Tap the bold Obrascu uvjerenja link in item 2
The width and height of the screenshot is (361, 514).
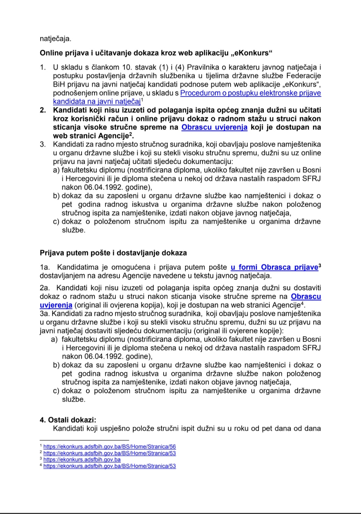pyautogui.click(x=214, y=127)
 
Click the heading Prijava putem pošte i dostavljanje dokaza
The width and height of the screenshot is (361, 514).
pyautogui.click(x=113, y=253)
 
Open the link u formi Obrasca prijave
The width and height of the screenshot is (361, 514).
pyautogui.click(x=274, y=267)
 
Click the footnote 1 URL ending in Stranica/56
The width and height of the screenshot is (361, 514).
pyautogui.click(x=109, y=447)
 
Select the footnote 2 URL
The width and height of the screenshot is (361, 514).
pyautogui.click(x=109, y=453)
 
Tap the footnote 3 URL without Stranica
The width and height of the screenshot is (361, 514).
pyautogui.click(x=82, y=460)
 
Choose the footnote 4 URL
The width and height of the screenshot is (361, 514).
pyautogui.click(x=109, y=466)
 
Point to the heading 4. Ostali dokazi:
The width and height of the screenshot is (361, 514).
pyautogui.click(x=68, y=420)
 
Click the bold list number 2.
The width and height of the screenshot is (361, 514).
pyautogui.click(x=43, y=110)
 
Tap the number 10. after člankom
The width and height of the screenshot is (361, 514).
pyautogui.click(x=127, y=67)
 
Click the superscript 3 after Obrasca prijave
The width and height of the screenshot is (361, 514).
pyautogui.click(x=320, y=265)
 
